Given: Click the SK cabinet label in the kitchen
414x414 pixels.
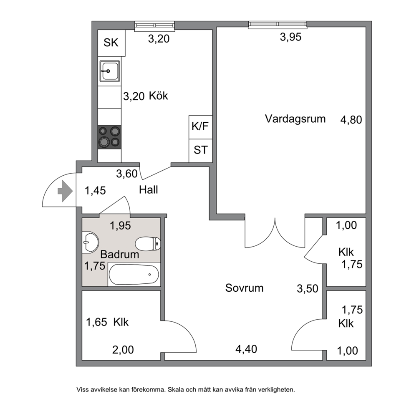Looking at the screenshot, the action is click(x=111, y=43).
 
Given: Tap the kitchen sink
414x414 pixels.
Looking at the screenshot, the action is click(x=110, y=71).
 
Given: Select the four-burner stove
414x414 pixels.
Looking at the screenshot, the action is click(x=110, y=137).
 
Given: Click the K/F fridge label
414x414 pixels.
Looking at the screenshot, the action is click(x=200, y=126).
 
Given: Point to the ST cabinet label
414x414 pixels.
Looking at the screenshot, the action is click(x=201, y=150).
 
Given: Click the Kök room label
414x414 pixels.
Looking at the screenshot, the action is click(x=159, y=96).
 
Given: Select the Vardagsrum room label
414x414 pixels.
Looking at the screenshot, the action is click(x=295, y=119).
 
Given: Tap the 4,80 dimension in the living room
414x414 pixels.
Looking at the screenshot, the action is click(x=351, y=120).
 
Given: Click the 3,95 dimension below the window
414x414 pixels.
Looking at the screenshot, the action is click(x=290, y=37).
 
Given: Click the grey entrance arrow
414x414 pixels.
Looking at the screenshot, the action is click(x=65, y=191).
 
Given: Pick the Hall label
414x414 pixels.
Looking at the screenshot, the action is click(x=149, y=190).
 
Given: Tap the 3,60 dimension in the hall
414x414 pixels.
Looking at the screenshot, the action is click(x=127, y=174).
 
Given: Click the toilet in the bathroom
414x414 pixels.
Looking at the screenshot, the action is click(x=148, y=243).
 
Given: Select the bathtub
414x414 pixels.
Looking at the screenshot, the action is click(x=134, y=274).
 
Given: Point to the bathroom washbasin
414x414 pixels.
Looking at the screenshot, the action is click(x=90, y=242).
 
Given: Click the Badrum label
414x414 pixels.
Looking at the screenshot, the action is click(x=120, y=254).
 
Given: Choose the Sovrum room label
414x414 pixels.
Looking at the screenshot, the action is click(x=244, y=288).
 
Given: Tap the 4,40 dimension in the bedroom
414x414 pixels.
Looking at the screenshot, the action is click(x=246, y=349).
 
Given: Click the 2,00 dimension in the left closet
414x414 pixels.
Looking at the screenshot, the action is click(x=123, y=350).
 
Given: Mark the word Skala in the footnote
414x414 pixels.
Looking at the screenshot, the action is click(x=176, y=389).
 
